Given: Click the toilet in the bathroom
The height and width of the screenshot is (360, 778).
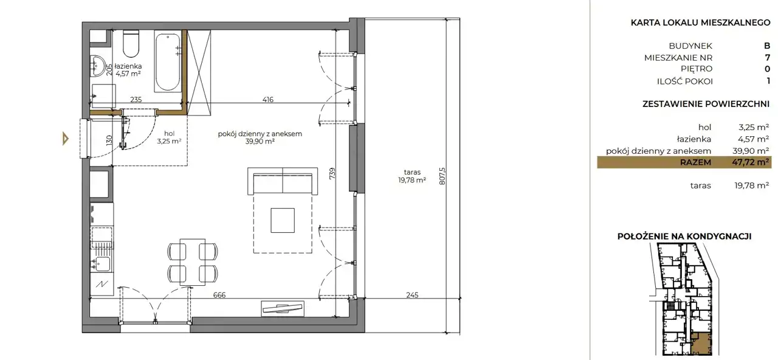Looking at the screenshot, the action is point(131,44).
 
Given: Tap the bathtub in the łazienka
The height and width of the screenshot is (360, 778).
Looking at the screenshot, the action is point(167,62).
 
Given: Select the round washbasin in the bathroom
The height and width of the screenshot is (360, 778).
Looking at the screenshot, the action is point(97,66).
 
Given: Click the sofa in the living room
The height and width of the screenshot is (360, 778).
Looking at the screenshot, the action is point(283,181).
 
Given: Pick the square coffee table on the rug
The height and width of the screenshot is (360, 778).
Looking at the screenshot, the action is point(283,220).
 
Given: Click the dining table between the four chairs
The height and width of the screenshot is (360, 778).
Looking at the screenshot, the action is point(193,262).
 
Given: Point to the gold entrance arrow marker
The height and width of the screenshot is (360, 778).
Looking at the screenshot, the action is point(65,139).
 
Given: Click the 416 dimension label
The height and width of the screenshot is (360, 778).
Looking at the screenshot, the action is point(268,99).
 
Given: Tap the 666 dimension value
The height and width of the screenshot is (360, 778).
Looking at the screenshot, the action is point(219,295).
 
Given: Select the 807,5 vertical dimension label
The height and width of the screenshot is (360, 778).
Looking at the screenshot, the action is point(442,176).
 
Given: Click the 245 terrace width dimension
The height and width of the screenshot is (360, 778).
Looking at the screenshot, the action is point(412,295).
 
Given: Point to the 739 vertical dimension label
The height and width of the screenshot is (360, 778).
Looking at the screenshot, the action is point(332,173).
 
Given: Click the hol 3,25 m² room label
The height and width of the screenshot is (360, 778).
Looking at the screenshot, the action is point(169,137).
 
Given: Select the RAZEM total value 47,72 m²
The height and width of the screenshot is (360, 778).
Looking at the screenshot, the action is point(750,162).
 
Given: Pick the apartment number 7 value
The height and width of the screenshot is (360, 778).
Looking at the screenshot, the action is point(768,57).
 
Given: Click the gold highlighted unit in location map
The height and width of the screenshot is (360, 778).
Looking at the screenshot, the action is point(700,344).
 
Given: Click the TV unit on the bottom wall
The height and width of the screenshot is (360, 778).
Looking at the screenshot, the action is point(283,308).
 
